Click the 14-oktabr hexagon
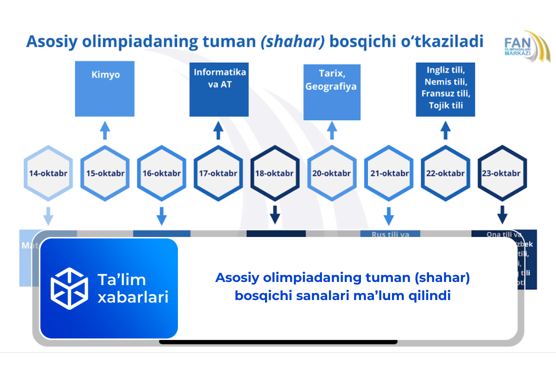tap(48, 173)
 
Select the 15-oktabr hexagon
tap(105, 173)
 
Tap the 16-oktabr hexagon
tap(162, 173)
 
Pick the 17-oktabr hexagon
tap(218, 173)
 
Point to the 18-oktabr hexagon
tap(275, 173)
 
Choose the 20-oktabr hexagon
tap(332, 173)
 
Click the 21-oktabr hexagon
tap(389, 173)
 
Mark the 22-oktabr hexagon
tap(445, 173)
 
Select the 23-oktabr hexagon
tap(502, 173)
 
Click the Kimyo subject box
tap(105, 88)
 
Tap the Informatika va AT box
tap(219, 89)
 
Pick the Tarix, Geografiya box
tap(332, 91)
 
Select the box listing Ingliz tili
tap(445, 89)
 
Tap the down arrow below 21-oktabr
tap(389, 216)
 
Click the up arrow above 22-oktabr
tap(445, 130)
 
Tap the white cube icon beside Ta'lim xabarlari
tap(69, 288)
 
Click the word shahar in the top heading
tap(292, 42)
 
